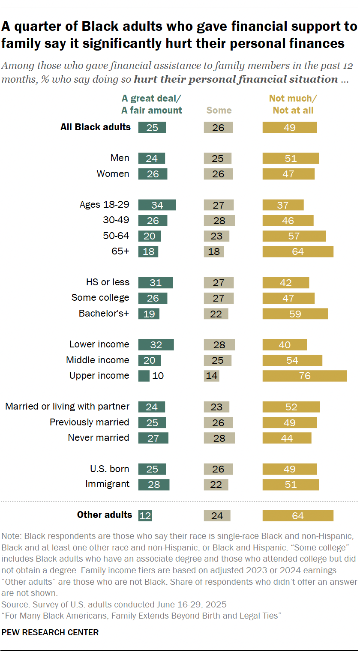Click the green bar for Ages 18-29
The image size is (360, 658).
tap(157, 205)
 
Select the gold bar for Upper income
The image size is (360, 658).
tap(304, 376)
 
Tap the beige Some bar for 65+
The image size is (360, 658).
tap(214, 251)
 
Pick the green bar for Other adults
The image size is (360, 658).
tap(145, 515)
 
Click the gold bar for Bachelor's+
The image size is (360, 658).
tap(295, 314)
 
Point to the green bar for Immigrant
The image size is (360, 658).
tap(153, 485)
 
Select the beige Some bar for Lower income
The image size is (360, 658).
tap(219, 345)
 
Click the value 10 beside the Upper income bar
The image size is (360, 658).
tap(158, 376)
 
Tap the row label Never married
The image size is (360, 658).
tap(99, 437)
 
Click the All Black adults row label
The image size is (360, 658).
tap(96, 127)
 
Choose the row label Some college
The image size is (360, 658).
tap(100, 298)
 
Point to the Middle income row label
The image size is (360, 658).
tap(97, 360)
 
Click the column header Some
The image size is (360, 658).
tap(219, 110)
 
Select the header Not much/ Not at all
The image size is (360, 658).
tap(293, 104)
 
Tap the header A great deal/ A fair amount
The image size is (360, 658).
tap(152, 104)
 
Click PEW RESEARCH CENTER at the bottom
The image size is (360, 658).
tap(50, 632)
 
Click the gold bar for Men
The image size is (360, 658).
tap(291, 159)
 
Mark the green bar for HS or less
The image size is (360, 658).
tap(155, 283)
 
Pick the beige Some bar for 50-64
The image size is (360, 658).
tap(216, 236)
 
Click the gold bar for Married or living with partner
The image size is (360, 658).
tap(291, 407)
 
